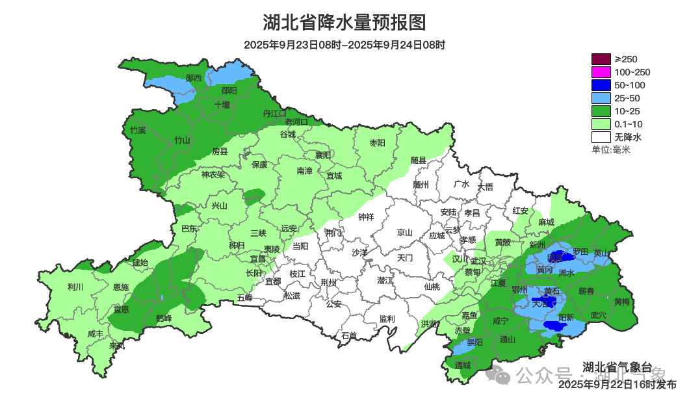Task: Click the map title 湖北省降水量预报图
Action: click(x=344, y=23)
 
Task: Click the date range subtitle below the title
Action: click(x=344, y=45)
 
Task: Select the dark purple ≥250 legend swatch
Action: click(x=601, y=59)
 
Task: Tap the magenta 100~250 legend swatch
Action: click(x=601, y=72)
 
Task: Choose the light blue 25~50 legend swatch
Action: click(x=601, y=98)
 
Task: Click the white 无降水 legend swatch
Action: click(x=601, y=137)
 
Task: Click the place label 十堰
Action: click(x=222, y=104)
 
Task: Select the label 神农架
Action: click(x=213, y=174)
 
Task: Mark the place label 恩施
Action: click(x=121, y=287)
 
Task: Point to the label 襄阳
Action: click(x=323, y=155)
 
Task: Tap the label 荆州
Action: click(x=329, y=282)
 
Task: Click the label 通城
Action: click(x=463, y=365)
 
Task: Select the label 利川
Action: click(x=75, y=287)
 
